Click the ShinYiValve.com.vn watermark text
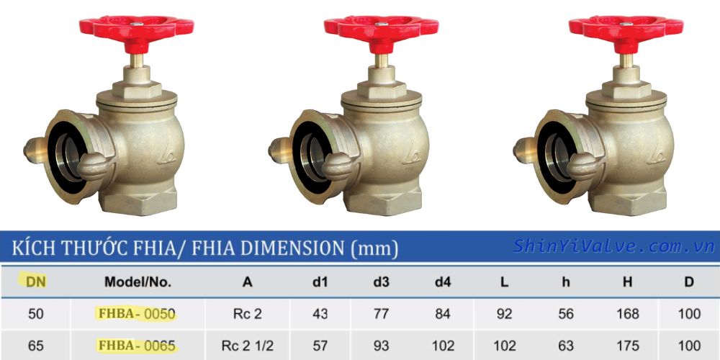pyautogui.click(x=613, y=246)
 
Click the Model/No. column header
pyautogui.click(x=138, y=282)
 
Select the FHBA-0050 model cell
pyautogui.click(x=136, y=314)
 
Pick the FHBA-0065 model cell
pyautogui.click(x=136, y=346)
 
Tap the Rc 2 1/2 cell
pyautogui.click(x=248, y=346)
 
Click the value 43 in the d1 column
pyautogui.click(x=320, y=314)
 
